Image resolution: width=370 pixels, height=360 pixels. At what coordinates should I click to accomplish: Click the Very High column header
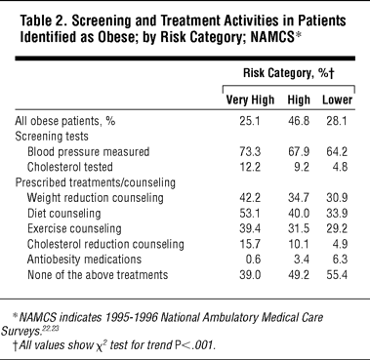coord(250,100)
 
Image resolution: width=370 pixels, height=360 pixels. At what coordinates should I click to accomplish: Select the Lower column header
coord(338,100)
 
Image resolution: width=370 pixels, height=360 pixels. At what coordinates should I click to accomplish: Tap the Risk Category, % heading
coord(289,73)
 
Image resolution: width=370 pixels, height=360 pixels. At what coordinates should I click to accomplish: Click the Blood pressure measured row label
coord(88,152)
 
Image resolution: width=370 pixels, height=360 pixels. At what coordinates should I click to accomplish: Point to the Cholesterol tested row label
coord(70,167)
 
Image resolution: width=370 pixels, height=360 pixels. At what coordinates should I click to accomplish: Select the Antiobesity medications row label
coord(84,260)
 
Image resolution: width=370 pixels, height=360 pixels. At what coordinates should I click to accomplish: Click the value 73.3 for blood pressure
coord(250,152)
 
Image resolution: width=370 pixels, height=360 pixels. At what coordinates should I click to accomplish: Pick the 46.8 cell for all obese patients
coord(299,121)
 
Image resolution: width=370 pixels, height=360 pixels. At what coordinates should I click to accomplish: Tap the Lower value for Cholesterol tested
coord(341,167)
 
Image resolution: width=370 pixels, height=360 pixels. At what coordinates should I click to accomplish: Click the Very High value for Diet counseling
coord(250,214)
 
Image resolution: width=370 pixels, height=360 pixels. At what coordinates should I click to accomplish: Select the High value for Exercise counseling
coord(299,228)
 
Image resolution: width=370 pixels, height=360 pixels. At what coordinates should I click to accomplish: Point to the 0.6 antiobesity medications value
coord(254,260)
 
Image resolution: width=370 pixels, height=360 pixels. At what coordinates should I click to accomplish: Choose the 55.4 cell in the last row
coord(337,275)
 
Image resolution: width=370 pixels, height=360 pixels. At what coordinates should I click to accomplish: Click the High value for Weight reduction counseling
coord(299,198)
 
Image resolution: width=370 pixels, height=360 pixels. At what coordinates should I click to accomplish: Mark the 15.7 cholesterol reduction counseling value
coord(250,244)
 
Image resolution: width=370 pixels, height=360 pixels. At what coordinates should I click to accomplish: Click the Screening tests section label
coord(52,137)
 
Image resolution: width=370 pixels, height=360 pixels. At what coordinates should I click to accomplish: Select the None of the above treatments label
coord(98,275)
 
